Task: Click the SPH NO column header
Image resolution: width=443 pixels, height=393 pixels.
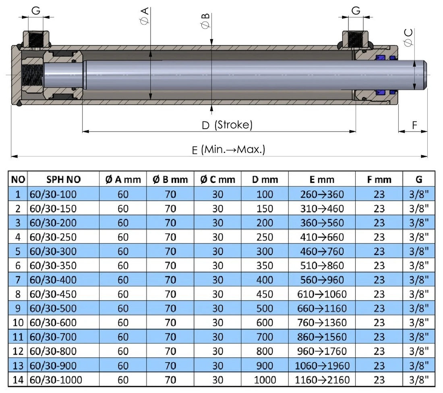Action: point(63,179)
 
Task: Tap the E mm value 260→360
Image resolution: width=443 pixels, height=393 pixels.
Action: point(322,194)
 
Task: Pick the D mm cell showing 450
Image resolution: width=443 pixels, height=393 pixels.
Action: point(265,294)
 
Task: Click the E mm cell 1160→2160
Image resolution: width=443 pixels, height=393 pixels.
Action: point(322,379)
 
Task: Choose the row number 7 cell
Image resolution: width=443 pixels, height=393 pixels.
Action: point(17,280)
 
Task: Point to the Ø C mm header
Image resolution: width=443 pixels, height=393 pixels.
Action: point(217,179)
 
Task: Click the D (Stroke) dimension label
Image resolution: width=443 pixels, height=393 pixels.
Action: point(227,125)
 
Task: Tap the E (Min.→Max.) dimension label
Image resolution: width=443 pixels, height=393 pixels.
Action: point(228,150)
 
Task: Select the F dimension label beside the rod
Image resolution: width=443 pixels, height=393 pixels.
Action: point(415,126)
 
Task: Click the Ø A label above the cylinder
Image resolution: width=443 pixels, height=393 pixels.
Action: point(145,16)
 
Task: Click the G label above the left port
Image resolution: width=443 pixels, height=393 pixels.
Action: point(36,11)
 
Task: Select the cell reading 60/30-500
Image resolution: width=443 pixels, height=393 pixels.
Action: point(52,308)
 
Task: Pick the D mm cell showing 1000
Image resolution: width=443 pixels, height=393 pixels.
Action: point(265,379)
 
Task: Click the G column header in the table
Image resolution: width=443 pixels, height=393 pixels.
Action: point(418,179)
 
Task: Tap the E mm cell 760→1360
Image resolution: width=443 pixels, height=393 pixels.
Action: point(322,323)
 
